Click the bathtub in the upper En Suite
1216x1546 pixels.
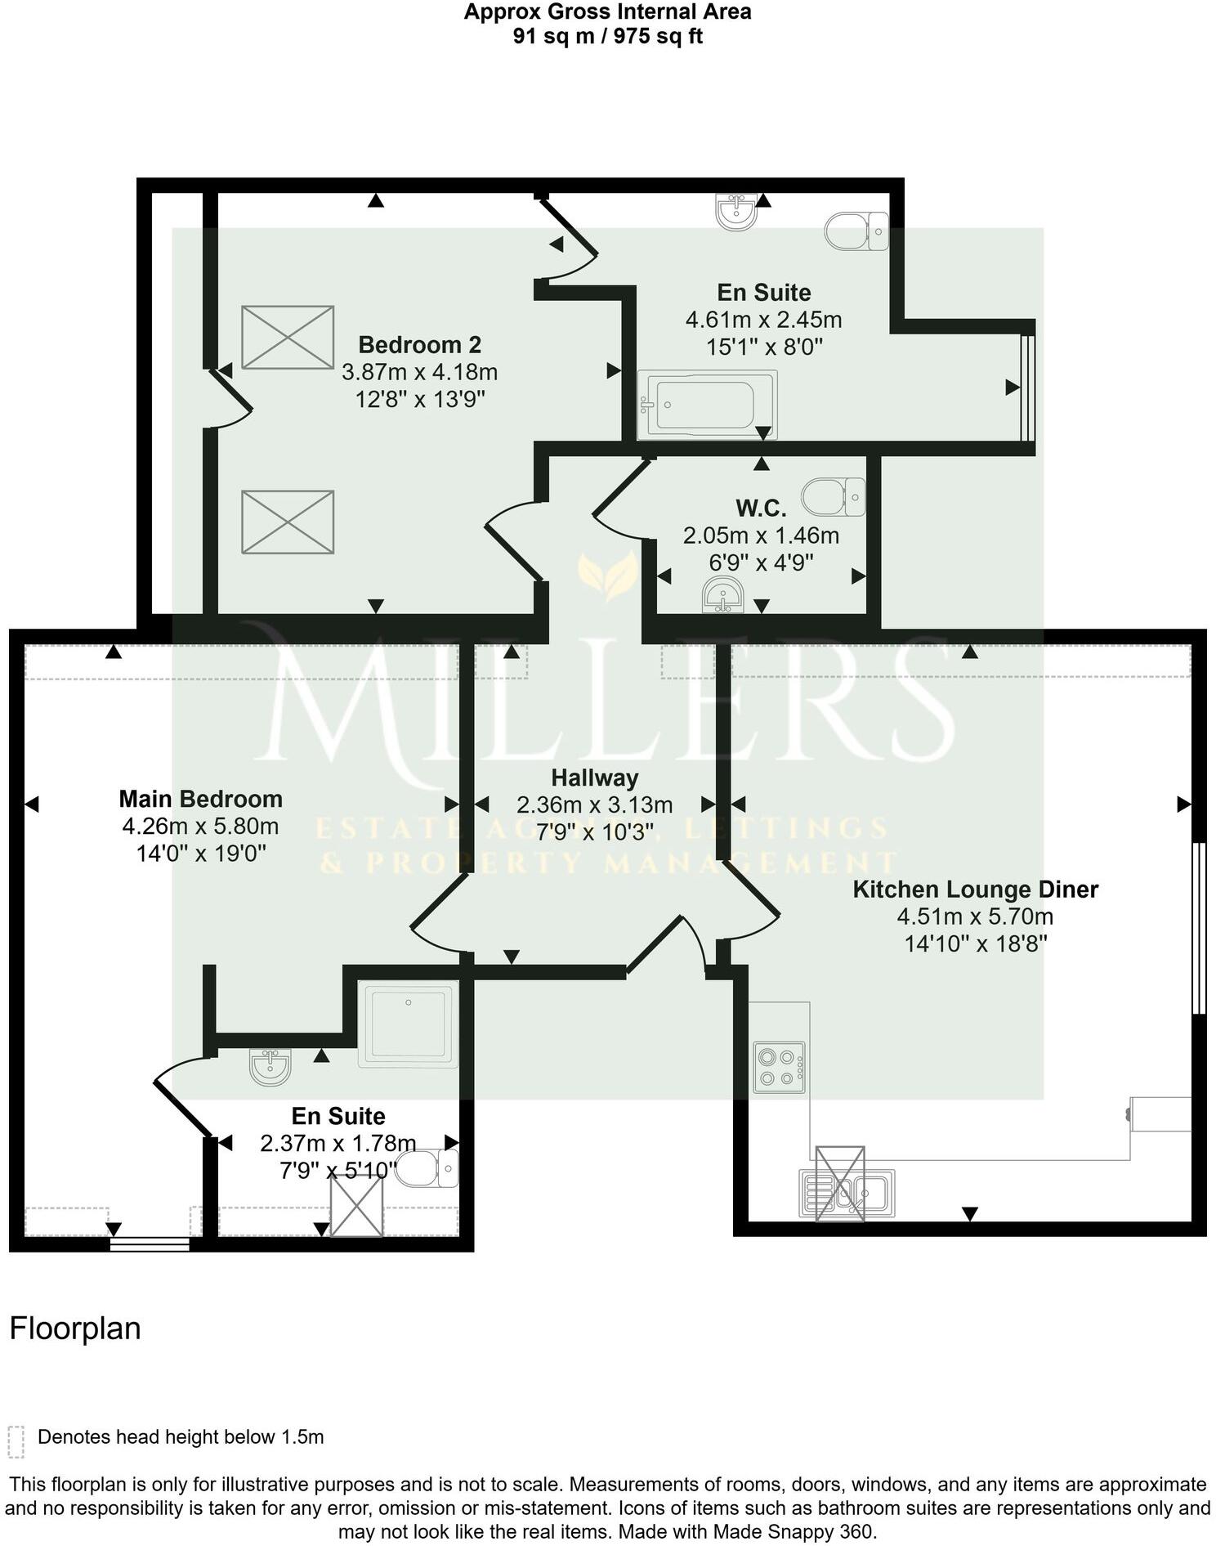(708, 404)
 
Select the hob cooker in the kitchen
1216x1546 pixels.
(779, 1067)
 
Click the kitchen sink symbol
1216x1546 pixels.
(847, 1194)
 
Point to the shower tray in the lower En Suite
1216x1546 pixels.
(409, 1025)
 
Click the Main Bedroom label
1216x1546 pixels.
(200, 799)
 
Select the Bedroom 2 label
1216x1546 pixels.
(419, 344)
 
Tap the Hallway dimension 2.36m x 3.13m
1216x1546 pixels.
(594, 805)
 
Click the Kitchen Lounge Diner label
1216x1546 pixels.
(975, 890)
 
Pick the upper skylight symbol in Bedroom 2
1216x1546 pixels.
(288, 337)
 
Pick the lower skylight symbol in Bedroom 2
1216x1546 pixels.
(288, 522)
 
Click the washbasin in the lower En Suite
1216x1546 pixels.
(270, 1067)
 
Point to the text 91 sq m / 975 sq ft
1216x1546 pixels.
(607, 36)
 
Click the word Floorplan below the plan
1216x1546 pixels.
(75, 1329)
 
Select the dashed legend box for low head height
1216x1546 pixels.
(16, 1442)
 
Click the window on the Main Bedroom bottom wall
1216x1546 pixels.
(150, 1244)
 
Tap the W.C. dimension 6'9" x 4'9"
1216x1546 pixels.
(761, 562)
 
